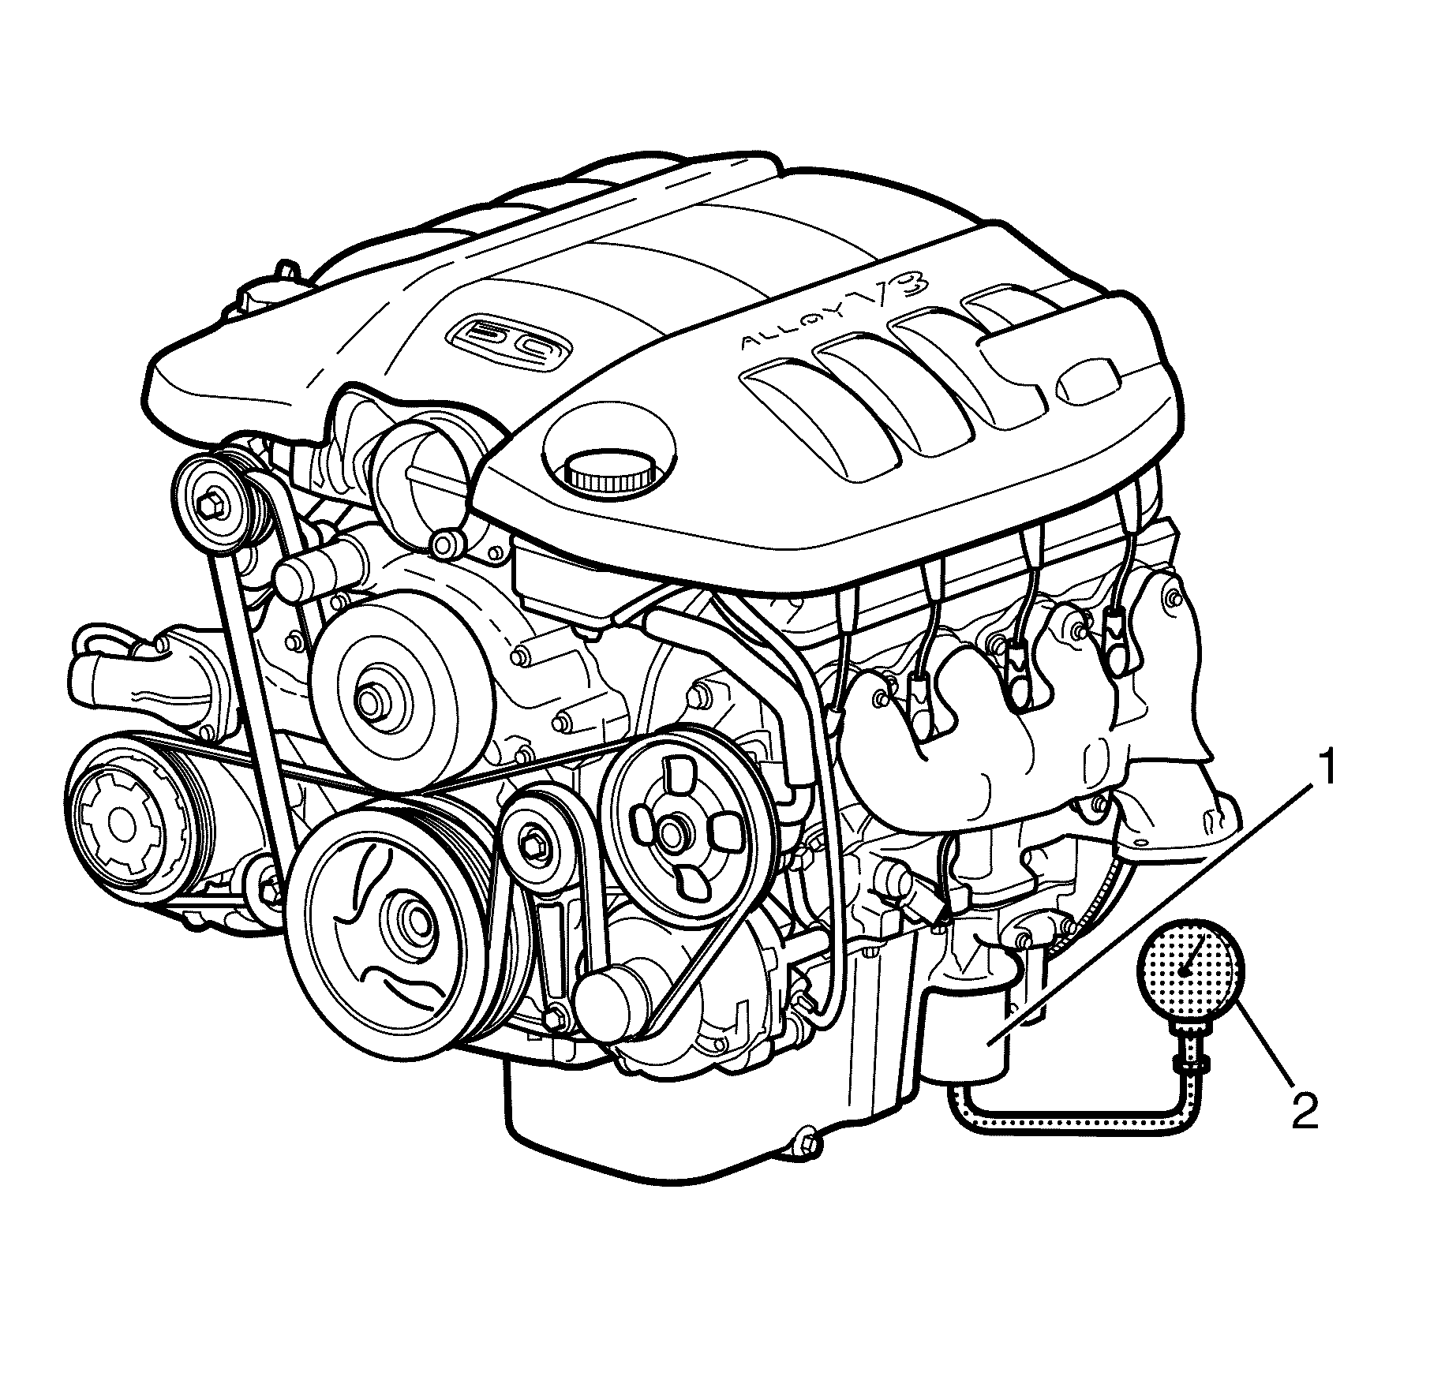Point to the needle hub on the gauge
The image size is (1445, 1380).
1183,974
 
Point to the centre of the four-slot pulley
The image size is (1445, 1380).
672,831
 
